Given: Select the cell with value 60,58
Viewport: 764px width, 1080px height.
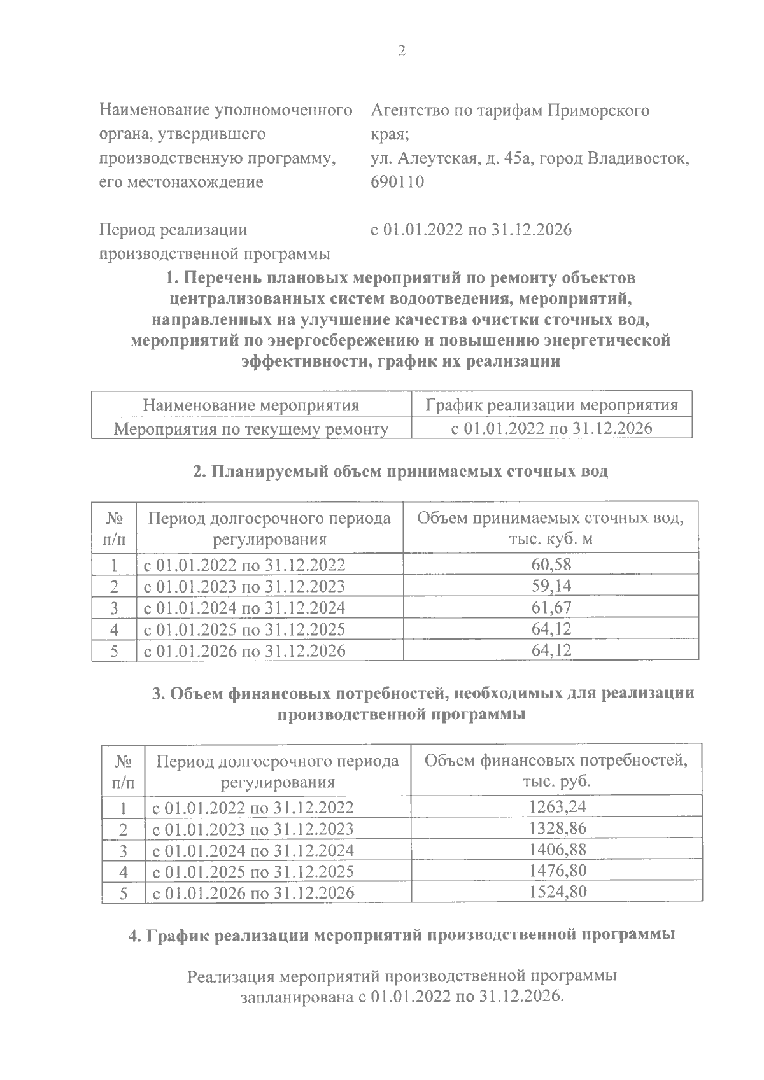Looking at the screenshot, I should [x=551, y=564].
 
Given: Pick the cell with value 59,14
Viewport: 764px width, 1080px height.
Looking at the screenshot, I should [x=551, y=586].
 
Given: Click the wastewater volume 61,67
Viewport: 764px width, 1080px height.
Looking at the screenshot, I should [x=551, y=607].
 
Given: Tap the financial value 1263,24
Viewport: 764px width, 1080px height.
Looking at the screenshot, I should [x=557, y=807].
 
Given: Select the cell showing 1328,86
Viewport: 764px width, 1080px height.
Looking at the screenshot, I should [x=557, y=828].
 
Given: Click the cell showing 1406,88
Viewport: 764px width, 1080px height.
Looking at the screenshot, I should [x=557, y=850].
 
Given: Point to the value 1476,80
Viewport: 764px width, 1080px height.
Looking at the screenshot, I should [x=557, y=871].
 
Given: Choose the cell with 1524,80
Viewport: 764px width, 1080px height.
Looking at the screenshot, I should [x=557, y=892].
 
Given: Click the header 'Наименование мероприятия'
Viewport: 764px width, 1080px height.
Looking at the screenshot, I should [x=251, y=405].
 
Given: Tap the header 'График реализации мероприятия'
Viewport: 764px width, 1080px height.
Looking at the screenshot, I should [x=551, y=405].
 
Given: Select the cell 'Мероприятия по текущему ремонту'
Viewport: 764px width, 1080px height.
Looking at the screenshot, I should [x=251, y=429].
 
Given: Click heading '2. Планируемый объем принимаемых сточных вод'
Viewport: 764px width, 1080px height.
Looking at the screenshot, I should [x=400, y=472].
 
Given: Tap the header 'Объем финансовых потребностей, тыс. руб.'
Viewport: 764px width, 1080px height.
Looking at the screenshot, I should [x=556, y=771].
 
